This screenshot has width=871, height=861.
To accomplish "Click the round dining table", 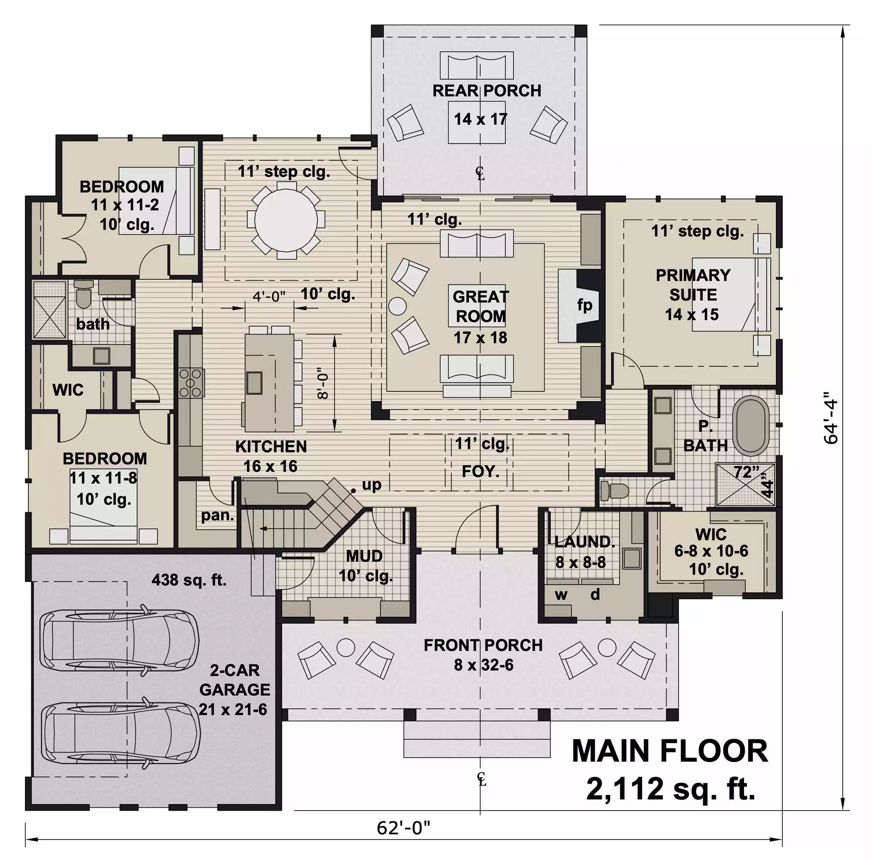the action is click(286, 220).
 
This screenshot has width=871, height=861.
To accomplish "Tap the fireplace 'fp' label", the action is click(585, 306).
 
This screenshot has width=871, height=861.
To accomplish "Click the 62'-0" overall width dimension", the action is click(403, 828).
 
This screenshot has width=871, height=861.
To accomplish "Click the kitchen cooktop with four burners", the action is click(190, 383).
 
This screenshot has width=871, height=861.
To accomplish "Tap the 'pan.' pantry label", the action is click(217, 515).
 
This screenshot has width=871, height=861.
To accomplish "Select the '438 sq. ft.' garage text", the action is click(189, 580).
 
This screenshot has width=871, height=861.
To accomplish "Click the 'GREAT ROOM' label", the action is click(480, 307).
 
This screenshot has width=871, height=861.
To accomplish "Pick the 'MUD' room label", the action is click(364, 556).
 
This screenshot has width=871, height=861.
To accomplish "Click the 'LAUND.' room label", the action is click(584, 542).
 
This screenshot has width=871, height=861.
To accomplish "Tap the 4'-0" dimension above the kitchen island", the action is click(269, 297).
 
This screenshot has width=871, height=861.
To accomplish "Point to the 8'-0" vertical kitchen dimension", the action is click(323, 386).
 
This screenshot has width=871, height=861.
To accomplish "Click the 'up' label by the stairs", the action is click(372, 485).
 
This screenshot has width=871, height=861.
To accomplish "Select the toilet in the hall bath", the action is click(84, 293).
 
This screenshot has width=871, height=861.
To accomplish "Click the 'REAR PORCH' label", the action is click(487, 90).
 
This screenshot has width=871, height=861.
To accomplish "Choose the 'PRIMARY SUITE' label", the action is click(693, 285).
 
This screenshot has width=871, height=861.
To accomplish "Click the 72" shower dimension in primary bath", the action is click(746, 471).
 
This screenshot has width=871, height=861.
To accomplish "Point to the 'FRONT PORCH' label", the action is click(483, 645).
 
